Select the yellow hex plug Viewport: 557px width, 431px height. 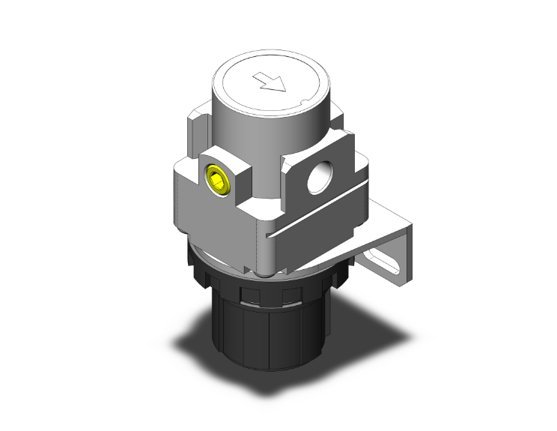[216, 181]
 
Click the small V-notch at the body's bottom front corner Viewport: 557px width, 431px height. [263, 238]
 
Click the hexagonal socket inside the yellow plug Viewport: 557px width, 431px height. [216, 181]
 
